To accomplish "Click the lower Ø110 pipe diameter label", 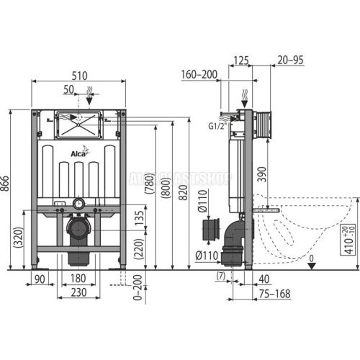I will pos(207,256).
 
